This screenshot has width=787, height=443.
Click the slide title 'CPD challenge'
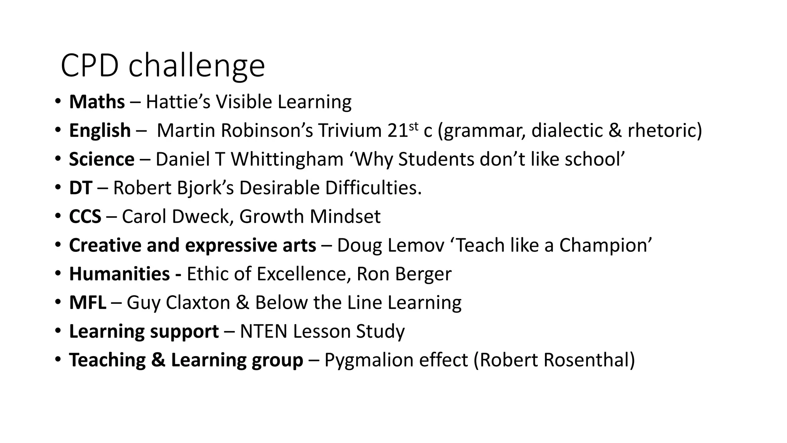163,66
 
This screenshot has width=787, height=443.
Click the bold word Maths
97,102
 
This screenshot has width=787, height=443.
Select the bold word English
100,130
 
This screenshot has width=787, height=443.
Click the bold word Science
102,159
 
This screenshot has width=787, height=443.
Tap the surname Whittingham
287,159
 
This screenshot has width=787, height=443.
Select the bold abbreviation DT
81,188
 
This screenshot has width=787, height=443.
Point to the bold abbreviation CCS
85,217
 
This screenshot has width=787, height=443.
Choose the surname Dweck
202,217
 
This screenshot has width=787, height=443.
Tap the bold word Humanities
120,274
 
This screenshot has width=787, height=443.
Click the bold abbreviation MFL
88,303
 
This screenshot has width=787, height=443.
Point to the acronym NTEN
264,331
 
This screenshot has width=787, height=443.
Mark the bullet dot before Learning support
58,331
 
